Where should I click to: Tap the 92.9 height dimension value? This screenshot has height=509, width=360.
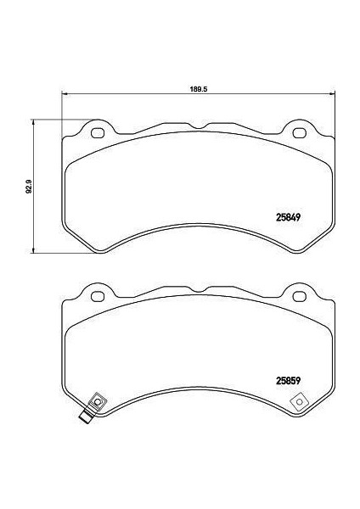point(28,185)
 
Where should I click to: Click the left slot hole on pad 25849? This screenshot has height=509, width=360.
point(97,132)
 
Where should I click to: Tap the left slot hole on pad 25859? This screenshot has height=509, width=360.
point(97,295)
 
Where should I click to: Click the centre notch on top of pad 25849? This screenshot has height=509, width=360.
point(197,127)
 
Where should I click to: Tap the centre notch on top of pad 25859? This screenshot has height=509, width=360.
point(197,290)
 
